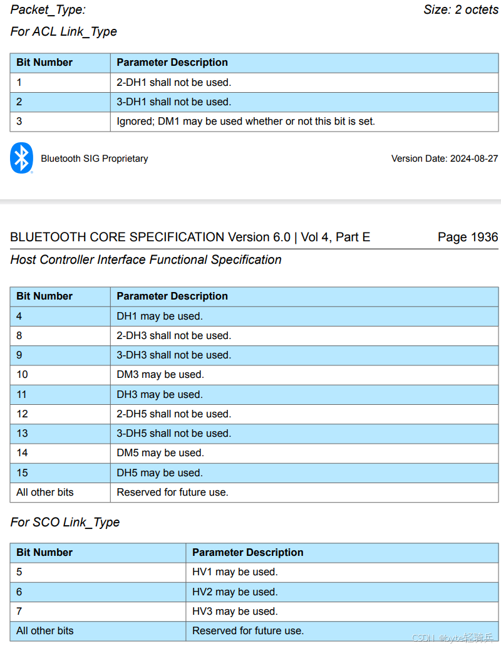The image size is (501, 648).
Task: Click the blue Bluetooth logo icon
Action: pos(22,158)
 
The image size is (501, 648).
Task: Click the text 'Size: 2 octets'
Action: pos(460,9)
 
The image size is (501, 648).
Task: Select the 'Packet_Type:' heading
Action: pos(48,9)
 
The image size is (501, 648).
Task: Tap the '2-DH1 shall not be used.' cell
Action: pos(173,82)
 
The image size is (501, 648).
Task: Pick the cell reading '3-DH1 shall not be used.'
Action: pos(173,102)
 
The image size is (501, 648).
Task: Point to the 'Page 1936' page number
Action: pos(467,237)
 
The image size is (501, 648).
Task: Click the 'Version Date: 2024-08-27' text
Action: pos(445,159)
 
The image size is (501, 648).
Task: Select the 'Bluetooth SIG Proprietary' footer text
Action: pos(95,159)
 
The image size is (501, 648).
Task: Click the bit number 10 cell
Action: pos(23,375)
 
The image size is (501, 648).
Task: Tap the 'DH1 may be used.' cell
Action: pos(160,316)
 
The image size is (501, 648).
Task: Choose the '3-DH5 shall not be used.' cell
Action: pos(173,433)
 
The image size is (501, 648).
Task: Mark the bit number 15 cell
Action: pos(23,473)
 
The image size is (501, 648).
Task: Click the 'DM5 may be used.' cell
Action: pos(160,452)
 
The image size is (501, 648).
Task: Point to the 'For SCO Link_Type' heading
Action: pos(65,522)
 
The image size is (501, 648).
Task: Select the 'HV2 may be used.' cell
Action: pos(235,592)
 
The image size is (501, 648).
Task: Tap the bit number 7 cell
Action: pos(19,611)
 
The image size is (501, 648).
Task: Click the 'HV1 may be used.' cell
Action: pos(235,572)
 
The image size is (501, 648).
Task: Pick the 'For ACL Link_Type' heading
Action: pos(64,31)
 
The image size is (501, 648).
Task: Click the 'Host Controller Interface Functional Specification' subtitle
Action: pos(146,259)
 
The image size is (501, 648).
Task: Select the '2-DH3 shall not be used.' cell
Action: pos(173,335)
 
